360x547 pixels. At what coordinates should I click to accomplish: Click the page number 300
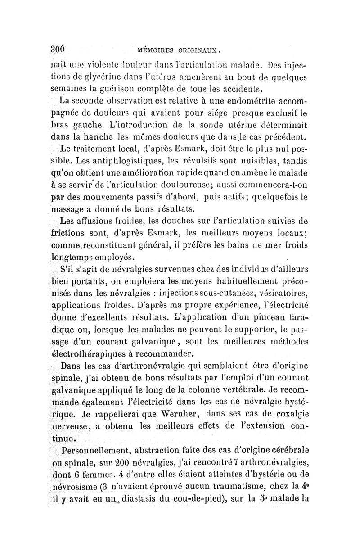coord(58,49)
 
